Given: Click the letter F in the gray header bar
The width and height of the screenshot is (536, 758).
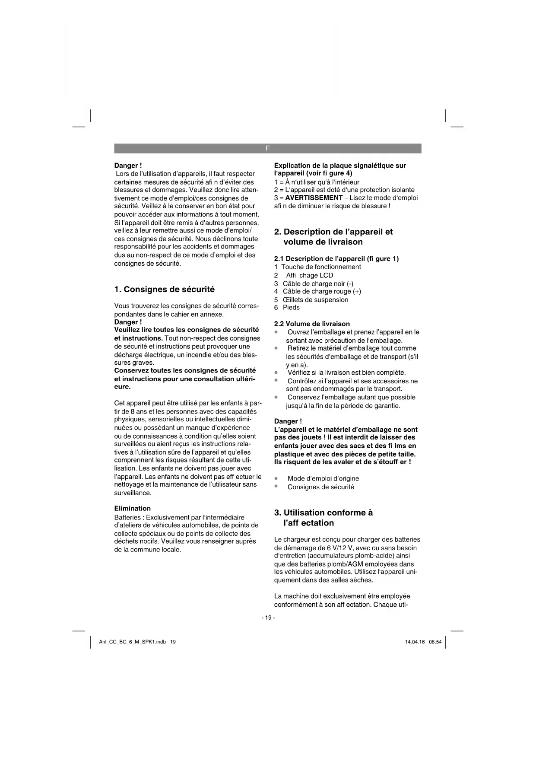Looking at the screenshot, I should [267, 148].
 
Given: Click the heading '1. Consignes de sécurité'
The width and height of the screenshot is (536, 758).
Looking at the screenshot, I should [164, 289].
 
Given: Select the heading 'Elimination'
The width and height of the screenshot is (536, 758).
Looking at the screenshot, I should [132, 508].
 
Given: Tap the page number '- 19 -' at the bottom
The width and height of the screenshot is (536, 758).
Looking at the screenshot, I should [268, 618].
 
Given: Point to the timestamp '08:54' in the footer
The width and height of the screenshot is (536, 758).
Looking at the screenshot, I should [435, 642].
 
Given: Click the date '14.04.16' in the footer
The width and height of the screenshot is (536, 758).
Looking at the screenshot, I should [415, 642].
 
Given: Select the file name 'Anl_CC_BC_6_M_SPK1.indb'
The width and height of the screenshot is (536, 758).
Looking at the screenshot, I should [132, 642].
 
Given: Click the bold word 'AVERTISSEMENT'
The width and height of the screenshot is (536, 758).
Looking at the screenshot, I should [314, 197].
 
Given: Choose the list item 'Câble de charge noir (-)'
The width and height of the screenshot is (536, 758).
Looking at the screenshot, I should [318, 283].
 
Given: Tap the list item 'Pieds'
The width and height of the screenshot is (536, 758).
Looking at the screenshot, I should [291, 307].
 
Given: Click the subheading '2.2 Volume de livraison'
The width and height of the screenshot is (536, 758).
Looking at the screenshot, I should [312, 324].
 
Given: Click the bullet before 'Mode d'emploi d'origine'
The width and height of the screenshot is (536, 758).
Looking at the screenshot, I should [276, 478].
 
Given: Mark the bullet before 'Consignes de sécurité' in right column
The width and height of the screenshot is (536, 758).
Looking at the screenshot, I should [276, 487].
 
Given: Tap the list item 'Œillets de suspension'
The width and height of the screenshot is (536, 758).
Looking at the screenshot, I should [315, 299].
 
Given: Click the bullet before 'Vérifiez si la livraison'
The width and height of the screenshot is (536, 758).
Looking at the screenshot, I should [276, 373].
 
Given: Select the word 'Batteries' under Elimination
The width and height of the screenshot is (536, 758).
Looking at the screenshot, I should [128, 517].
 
